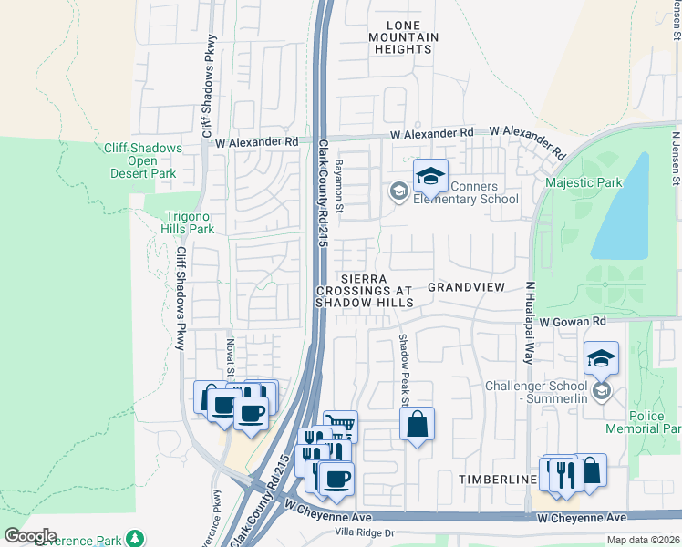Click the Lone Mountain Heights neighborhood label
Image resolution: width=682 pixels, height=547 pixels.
tap(400, 36)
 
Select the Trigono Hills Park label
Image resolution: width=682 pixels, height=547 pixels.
tap(189, 222)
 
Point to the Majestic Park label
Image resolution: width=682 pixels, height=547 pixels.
tap(584, 182)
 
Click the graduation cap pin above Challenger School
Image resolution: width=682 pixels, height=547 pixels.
tap(601, 360)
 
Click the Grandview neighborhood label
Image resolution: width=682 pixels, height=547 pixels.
tap(466, 286)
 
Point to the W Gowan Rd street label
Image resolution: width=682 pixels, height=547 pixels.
tap(573, 322)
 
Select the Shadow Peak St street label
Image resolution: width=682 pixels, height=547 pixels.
tap(401, 369)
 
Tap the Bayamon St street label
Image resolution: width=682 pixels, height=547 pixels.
tap(338, 187)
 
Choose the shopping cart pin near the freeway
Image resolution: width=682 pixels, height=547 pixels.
tap(340, 426)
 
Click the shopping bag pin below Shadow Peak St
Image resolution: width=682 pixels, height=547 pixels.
tap(417, 424)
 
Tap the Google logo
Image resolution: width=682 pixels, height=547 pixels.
tap(30, 536)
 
